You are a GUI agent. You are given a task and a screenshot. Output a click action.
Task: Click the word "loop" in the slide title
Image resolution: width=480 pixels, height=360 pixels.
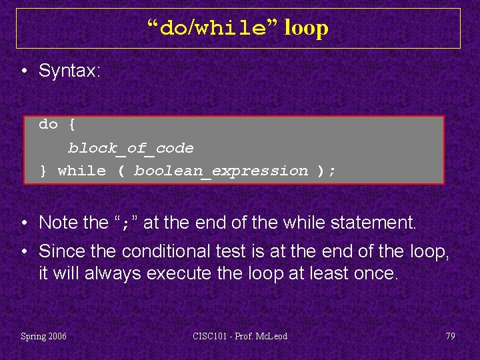click(x=306, y=29)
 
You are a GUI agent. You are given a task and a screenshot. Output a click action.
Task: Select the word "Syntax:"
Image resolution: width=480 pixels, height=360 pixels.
click(x=69, y=71)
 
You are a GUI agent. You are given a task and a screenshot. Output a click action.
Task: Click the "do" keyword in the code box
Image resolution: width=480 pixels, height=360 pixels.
click(x=48, y=124)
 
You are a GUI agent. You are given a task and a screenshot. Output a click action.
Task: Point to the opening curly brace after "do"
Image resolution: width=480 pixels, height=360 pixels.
click(x=72, y=124)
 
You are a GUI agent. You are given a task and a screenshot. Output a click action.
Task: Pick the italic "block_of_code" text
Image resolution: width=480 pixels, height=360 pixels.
click(x=131, y=148)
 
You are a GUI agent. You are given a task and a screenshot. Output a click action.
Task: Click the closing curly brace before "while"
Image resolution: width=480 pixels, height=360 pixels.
click(x=43, y=171)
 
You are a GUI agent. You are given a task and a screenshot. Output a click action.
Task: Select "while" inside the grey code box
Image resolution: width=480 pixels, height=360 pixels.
click(x=82, y=171)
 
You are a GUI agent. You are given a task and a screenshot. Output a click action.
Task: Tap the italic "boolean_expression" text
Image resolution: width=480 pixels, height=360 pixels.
click(x=221, y=171)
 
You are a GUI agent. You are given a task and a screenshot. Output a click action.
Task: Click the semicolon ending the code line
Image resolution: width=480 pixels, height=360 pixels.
click(x=332, y=171)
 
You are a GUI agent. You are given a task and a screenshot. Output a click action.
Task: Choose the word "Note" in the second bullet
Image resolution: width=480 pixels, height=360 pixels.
click(x=59, y=222)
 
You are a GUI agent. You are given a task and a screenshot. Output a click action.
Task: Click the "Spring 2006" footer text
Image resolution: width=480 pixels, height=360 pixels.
click(x=44, y=336)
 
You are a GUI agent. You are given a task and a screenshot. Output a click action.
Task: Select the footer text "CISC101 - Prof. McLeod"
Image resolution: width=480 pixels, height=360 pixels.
click(x=239, y=336)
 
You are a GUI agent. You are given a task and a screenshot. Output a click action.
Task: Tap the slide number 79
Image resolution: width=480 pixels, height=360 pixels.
click(x=450, y=336)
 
